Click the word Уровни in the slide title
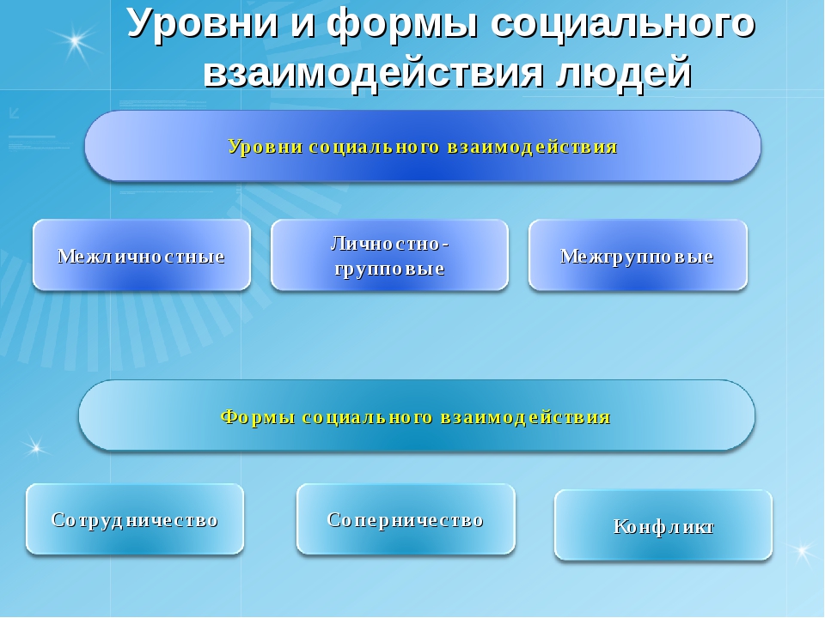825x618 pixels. [x=203, y=23]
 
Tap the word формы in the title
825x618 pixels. [x=402, y=23]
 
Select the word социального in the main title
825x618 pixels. [x=622, y=23]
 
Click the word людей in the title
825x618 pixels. [x=623, y=72]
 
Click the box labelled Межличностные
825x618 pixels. [x=142, y=256]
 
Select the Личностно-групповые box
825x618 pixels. [x=390, y=256]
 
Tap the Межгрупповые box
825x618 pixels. [x=638, y=256]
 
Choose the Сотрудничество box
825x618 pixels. [x=135, y=519]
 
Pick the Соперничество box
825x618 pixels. [x=406, y=519]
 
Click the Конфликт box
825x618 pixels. [x=663, y=525]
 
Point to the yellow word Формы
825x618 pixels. [x=258, y=417]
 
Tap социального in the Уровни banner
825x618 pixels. [x=375, y=147]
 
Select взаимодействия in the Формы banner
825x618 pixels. [x=525, y=417]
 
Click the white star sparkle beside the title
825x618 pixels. [x=76, y=40]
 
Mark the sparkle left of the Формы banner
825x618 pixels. [x=36, y=448]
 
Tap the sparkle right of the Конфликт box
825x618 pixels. [x=803, y=551]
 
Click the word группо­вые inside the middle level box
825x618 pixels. [x=390, y=269]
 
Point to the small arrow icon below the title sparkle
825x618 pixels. [x=15, y=112]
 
